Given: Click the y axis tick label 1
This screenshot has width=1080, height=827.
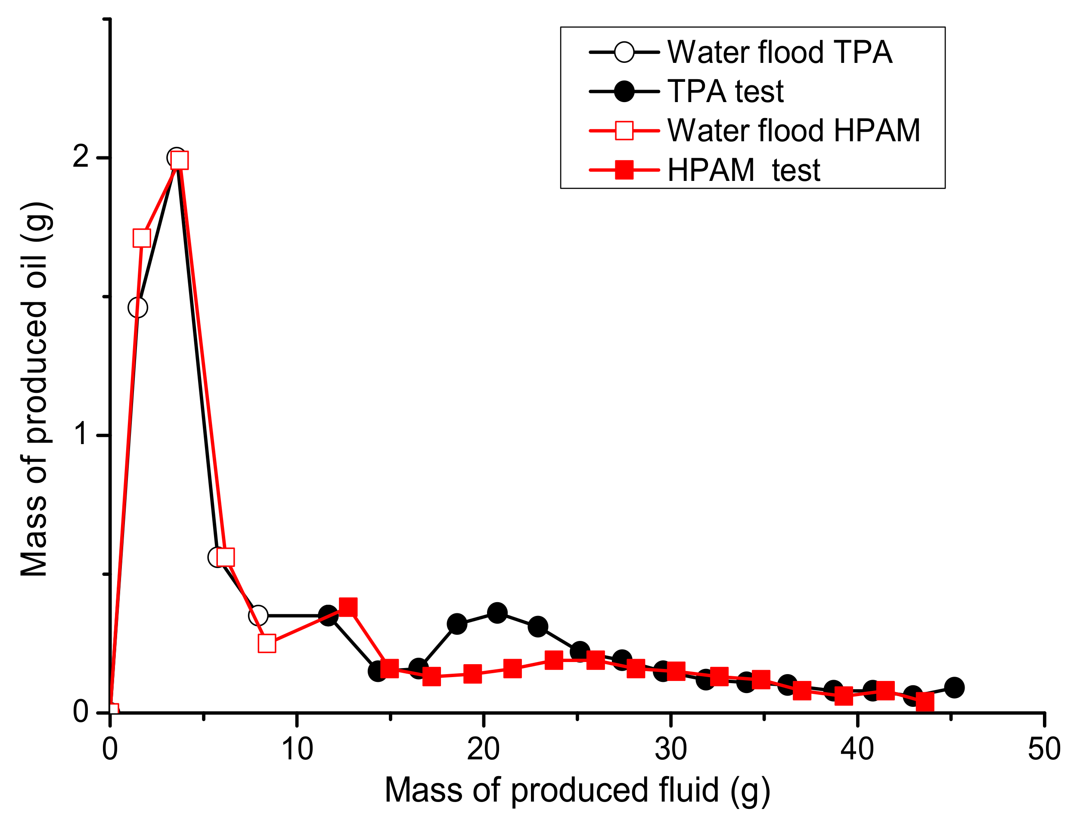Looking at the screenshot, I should tap(82, 435).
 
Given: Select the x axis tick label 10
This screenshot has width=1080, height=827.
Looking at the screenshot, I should tap(297, 749).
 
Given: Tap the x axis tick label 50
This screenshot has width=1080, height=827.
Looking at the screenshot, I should tap(1043, 749).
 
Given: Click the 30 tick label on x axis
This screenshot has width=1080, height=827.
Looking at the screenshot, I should tap(670, 749).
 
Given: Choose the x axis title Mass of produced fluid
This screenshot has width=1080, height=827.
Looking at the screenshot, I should tap(577, 790).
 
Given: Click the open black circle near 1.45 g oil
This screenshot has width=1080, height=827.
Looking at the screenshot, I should tap(138, 308).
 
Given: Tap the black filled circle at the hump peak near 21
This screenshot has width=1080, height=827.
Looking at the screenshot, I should tap(497, 613).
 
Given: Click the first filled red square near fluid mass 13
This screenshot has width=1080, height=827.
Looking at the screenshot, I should tap(348, 607).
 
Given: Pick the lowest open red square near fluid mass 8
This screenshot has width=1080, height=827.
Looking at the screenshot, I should tap(267, 644).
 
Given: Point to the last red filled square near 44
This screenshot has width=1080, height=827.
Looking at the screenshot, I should tap(925, 702).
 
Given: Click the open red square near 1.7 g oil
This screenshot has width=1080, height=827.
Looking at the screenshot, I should tap(142, 238).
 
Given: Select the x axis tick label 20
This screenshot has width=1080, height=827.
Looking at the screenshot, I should tap(483, 749).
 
